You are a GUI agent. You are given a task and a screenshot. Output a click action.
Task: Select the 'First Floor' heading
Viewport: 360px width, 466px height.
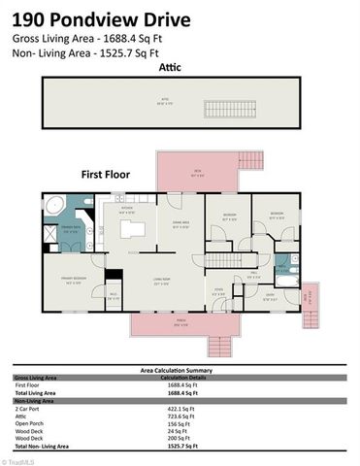[x=106, y=175]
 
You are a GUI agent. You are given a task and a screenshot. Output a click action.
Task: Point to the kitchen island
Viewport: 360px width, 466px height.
[x=133, y=229]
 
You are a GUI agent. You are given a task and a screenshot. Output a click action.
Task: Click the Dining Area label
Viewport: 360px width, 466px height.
[x=180, y=226]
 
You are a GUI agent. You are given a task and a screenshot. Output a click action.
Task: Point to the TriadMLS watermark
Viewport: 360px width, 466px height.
[x=16, y=461]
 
